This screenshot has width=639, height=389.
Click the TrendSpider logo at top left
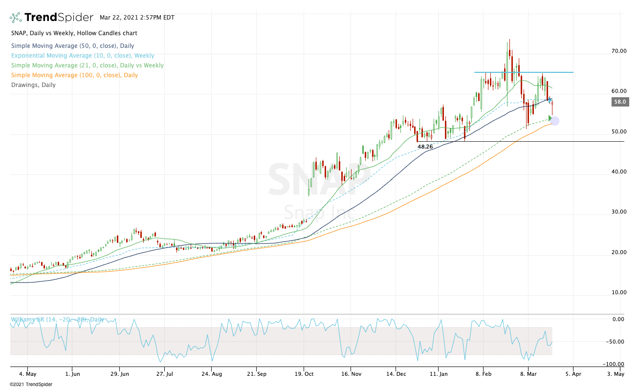(51, 18)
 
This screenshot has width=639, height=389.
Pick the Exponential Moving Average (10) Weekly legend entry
(82, 56)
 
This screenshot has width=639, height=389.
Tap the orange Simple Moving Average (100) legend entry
(74, 75)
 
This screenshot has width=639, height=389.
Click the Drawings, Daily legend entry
(33, 85)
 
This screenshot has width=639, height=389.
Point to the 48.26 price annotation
(425, 146)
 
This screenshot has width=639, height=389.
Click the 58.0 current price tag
(619, 102)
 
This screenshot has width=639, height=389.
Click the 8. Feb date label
(483, 374)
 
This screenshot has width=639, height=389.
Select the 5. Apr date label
(573, 374)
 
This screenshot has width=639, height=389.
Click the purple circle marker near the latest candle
(554, 121)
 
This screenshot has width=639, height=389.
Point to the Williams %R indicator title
(57, 320)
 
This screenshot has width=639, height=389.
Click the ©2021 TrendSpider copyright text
(31, 384)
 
